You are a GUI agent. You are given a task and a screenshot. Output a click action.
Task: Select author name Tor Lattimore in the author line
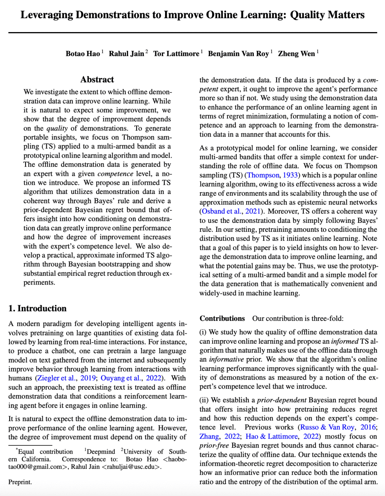click(176, 54)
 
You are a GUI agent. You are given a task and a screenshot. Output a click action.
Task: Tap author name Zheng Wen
click(296, 54)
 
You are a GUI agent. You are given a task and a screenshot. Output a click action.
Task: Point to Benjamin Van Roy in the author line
click(238, 54)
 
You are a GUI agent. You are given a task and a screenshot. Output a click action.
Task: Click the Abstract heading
click(97, 80)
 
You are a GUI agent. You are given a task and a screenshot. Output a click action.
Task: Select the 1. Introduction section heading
click(37, 308)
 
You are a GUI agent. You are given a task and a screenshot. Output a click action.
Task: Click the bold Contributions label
click(222, 318)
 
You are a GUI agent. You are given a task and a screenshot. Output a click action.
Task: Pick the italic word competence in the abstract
click(115, 174)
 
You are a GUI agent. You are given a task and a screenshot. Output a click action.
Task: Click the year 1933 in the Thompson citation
click(290, 175)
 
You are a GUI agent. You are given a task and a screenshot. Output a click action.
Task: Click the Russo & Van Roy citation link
click(327, 427)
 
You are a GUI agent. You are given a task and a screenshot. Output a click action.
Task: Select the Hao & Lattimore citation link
click(271, 436)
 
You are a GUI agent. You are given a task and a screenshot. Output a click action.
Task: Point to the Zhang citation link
click(209, 436)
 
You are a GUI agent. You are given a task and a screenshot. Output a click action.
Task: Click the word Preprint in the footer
click(20, 482)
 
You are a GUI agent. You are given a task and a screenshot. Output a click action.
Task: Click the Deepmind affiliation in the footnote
click(101, 452)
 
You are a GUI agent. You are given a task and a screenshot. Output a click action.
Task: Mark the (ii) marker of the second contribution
click(204, 400)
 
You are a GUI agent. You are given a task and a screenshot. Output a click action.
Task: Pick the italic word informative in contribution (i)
click(226, 359)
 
